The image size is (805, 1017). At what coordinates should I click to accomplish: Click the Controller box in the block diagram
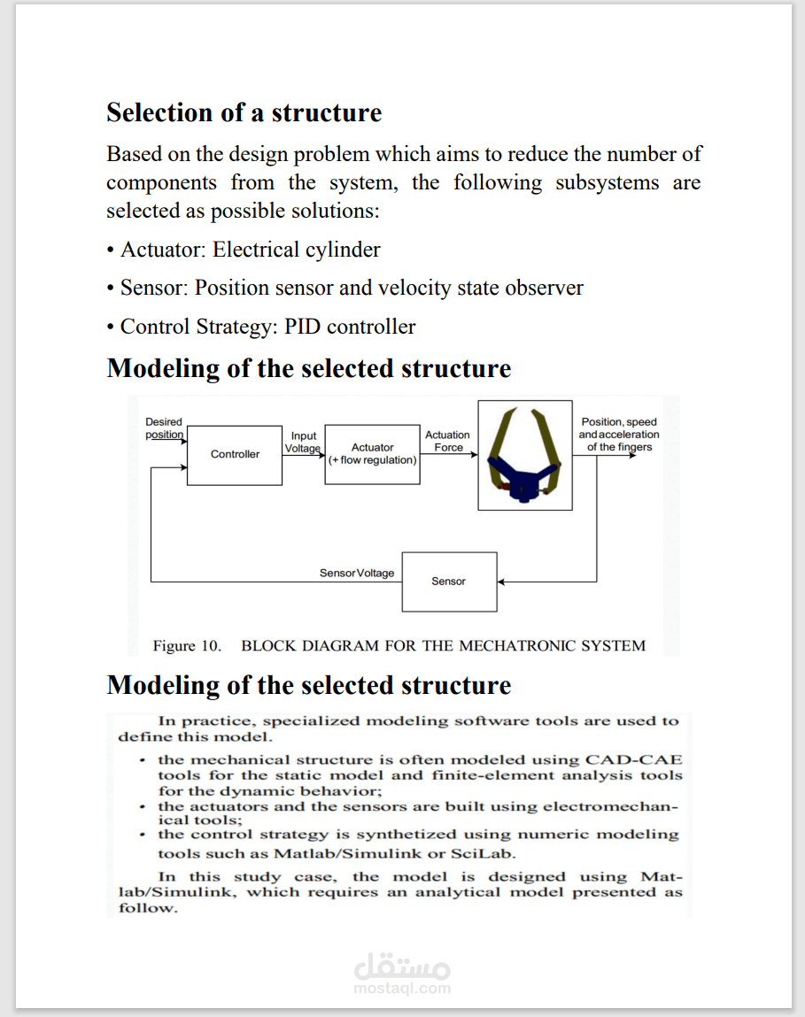point(235,455)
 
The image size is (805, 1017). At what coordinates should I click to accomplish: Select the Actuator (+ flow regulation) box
point(372,454)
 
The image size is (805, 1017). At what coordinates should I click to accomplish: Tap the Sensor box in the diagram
point(449,582)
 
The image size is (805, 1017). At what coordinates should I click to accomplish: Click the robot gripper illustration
point(525,455)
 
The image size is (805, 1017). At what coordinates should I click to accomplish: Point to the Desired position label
point(164,428)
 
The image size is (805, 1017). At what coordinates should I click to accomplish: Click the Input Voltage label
point(303,442)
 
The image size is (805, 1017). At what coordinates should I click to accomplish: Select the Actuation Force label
point(447,441)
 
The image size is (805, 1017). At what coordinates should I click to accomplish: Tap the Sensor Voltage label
point(357,574)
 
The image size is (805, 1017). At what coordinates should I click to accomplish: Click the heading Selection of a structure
point(244,113)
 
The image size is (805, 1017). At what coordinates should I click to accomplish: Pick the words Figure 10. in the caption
point(187,646)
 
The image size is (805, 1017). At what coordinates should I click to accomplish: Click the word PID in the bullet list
point(303,327)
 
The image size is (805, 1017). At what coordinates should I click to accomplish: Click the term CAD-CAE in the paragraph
point(633,760)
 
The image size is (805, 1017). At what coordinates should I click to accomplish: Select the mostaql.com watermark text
point(402,989)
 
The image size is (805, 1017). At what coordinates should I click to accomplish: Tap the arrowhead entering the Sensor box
point(501,582)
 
